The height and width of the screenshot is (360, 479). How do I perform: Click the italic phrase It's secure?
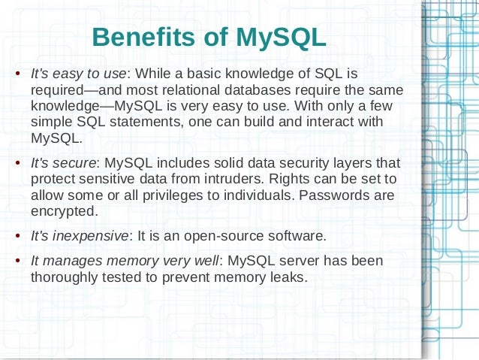pyautogui.click(x=63, y=163)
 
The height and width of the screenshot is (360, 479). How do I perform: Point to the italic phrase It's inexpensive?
pyautogui.click(x=80, y=236)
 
